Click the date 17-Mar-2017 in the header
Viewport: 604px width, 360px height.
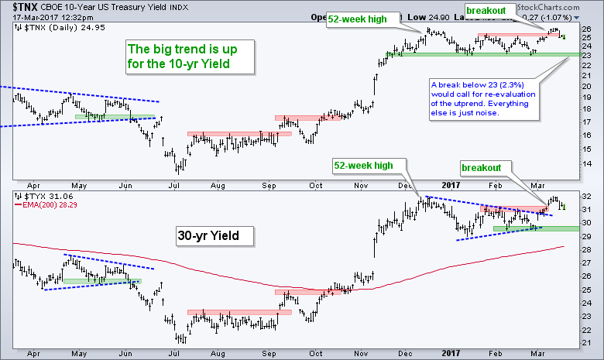click(28, 15)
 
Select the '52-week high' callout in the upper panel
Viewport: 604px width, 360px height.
click(359, 19)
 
